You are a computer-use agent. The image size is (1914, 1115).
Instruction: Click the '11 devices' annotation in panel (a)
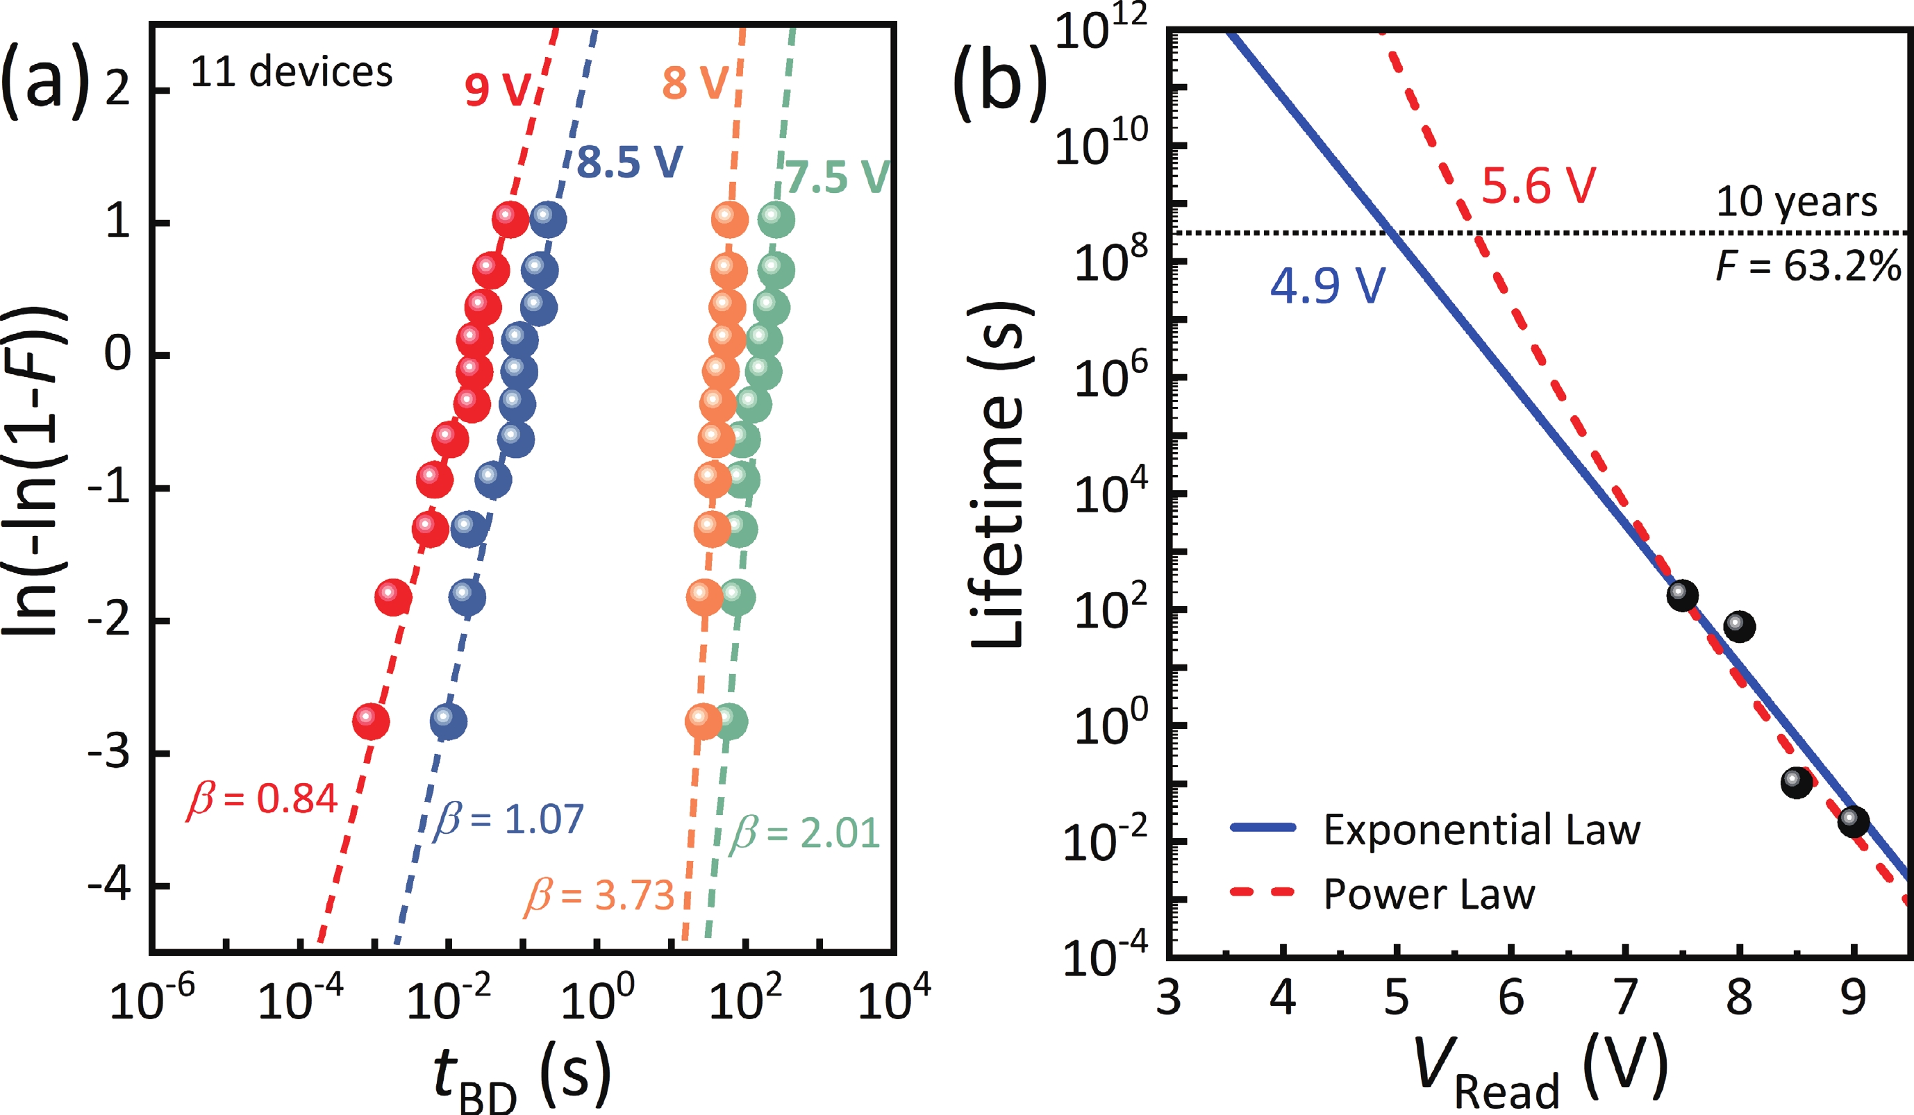coord(292,73)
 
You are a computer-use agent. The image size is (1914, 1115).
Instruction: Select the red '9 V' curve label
coord(497,89)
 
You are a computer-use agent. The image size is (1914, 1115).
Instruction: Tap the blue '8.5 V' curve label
coord(630,162)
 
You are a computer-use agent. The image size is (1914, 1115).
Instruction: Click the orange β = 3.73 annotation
coord(600,895)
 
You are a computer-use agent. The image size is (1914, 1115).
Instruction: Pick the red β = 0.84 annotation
coord(262,799)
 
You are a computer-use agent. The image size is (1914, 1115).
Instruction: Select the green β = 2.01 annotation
coord(805,832)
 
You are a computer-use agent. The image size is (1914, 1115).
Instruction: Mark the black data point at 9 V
coord(1854,821)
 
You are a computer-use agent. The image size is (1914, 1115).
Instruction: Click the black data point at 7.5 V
coord(1682,595)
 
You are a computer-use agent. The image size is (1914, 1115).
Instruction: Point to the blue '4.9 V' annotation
coord(1329,286)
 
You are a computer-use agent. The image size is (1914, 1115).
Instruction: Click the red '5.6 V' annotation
coord(1539,186)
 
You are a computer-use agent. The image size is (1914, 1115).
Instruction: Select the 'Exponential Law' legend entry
coord(1481,830)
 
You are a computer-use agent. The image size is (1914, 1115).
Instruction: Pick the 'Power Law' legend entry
coord(1429,894)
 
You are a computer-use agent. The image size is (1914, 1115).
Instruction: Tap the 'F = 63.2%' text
coord(1808,267)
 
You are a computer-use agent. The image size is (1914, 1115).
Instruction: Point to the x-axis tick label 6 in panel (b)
coord(1511,997)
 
